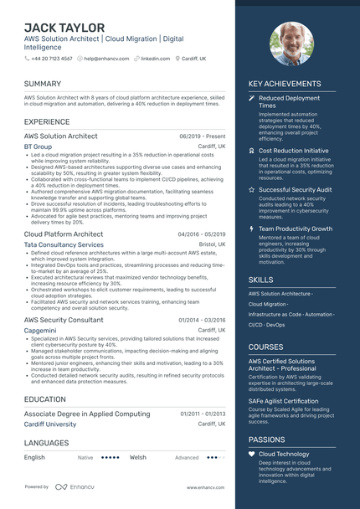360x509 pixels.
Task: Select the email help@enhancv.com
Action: click(x=101, y=59)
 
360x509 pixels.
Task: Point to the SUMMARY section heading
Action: click(x=43, y=84)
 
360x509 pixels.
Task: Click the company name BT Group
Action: click(x=38, y=146)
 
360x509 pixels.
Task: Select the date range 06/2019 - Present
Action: click(x=203, y=136)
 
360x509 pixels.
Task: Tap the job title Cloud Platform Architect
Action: click(x=64, y=234)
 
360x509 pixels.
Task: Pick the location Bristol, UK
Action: click(x=212, y=244)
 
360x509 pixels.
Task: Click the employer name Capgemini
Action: click(x=40, y=331)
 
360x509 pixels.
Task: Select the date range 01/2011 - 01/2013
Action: click(x=203, y=414)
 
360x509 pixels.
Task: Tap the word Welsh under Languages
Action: click(x=138, y=458)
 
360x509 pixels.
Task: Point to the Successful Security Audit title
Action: click(x=296, y=190)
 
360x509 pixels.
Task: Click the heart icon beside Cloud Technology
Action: click(x=252, y=454)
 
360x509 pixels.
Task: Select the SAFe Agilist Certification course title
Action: click(x=284, y=401)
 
